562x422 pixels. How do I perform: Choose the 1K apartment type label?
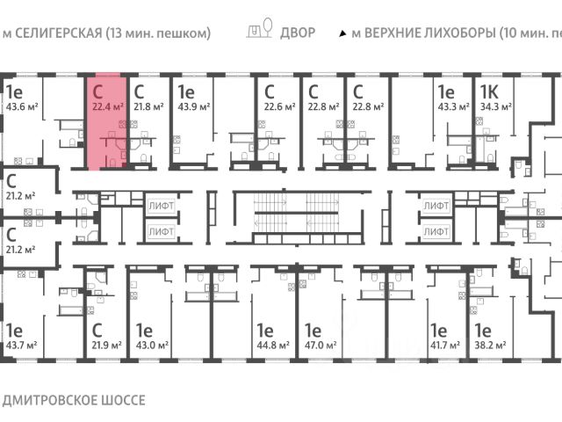click(x=488, y=91)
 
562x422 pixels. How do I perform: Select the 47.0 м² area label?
click(x=321, y=346)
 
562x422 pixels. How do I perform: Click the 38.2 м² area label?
click(x=491, y=346)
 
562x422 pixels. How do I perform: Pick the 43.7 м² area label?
click(x=23, y=346)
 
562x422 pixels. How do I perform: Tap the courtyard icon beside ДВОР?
click(x=258, y=33)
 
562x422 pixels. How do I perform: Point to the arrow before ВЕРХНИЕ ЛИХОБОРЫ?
click(x=342, y=34)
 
